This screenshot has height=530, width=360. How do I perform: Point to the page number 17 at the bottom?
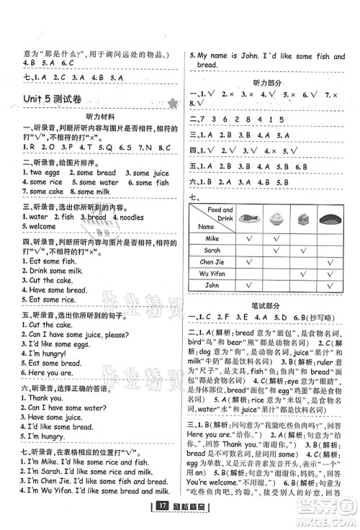(163, 518)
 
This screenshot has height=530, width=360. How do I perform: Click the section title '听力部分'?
(271, 81)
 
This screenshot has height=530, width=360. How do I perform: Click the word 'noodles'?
(130, 217)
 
